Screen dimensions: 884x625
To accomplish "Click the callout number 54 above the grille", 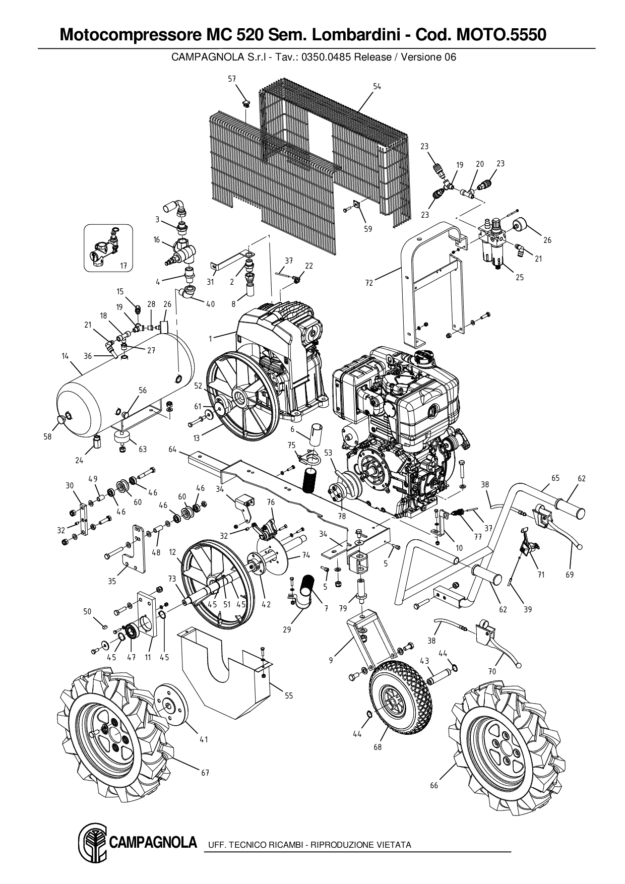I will [377, 87].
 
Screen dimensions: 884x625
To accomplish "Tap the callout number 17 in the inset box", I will [123, 266].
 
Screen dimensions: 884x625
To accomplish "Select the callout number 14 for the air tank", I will [65, 356].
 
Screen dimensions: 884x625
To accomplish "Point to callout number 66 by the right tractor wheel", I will [434, 785].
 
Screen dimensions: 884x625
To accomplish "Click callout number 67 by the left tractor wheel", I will [205, 773].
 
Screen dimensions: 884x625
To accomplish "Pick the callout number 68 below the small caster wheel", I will [378, 747].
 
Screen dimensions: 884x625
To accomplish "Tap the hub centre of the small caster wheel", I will [393, 704].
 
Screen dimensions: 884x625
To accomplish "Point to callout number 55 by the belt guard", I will [288, 696].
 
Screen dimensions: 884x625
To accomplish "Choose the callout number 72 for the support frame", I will [369, 283].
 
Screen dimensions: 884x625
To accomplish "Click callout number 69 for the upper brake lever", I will [570, 575].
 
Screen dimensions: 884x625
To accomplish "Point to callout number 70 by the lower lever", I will [492, 671].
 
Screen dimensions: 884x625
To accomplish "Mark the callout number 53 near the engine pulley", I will [329, 453].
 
